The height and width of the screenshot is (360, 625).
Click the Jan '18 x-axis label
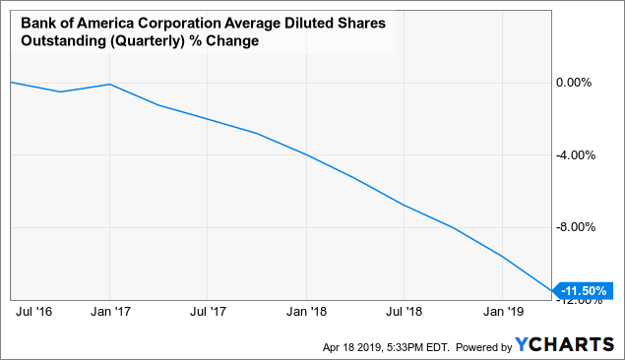click(x=305, y=313)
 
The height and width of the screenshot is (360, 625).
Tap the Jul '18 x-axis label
click(x=404, y=313)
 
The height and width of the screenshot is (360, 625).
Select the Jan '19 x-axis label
click(x=502, y=313)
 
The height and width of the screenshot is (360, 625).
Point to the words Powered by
click(x=477, y=346)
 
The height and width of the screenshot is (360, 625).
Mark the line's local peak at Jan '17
click(x=109, y=85)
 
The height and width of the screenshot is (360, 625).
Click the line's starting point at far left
click(x=11, y=83)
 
